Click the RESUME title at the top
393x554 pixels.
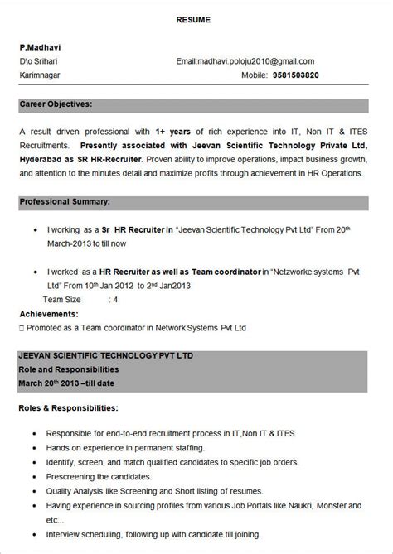pyautogui.click(x=196, y=18)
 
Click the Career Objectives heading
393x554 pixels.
pyautogui.click(x=56, y=104)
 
